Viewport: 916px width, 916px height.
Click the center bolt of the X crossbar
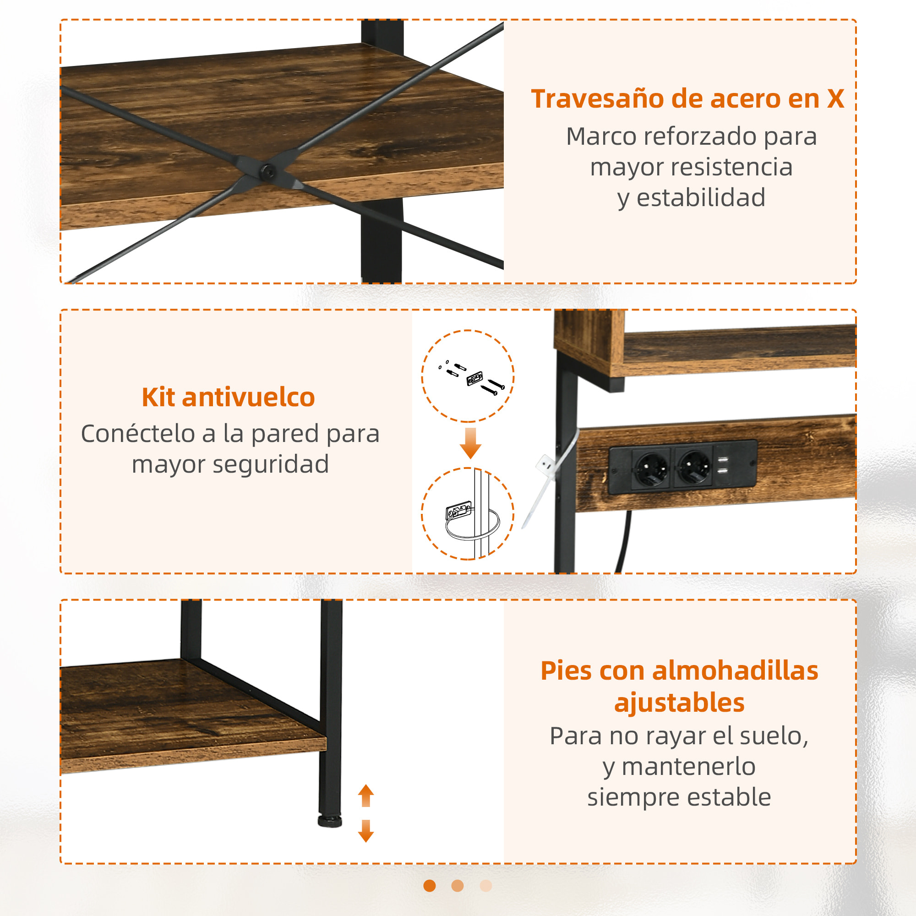tap(269, 171)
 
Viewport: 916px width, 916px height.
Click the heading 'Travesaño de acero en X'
tap(687, 99)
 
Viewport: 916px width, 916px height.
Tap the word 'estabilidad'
tap(701, 198)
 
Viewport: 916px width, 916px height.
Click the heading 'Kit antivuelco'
tap(229, 397)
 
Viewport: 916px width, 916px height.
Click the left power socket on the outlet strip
tap(651, 469)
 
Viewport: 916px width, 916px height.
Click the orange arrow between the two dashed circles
tap(470, 443)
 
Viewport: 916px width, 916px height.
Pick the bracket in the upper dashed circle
tap(474, 378)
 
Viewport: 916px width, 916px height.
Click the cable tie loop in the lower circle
tap(472, 526)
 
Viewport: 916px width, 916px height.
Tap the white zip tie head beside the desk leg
tap(545, 463)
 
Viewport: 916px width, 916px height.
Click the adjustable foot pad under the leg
tap(330, 821)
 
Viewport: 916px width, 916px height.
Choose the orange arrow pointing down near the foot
tap(366, 832)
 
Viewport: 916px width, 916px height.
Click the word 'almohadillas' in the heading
tap(736, 671)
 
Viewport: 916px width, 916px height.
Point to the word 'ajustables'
tap(679, 703)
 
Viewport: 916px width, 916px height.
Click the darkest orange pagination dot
tap(430, 886)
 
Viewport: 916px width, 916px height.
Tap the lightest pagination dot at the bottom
tap(486, 886)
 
